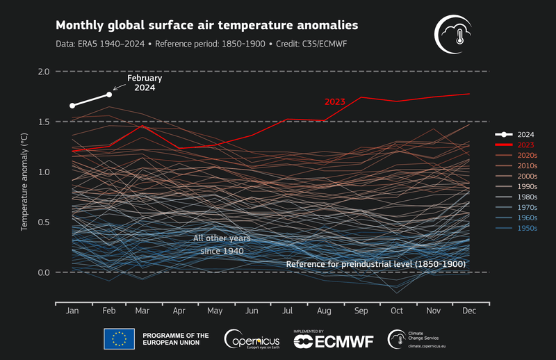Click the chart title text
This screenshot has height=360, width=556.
206,26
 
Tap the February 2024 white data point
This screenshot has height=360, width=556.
109,95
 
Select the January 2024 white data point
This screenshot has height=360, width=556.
72,106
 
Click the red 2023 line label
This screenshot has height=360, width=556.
335,101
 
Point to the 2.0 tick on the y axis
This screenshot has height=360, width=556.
43,72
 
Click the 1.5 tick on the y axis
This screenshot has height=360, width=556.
43,122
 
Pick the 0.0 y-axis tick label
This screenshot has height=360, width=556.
43,272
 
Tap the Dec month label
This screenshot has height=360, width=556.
470,311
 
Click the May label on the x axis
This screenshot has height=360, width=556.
215,311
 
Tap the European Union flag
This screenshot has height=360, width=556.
119,339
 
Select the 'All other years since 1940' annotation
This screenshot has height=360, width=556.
221,244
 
